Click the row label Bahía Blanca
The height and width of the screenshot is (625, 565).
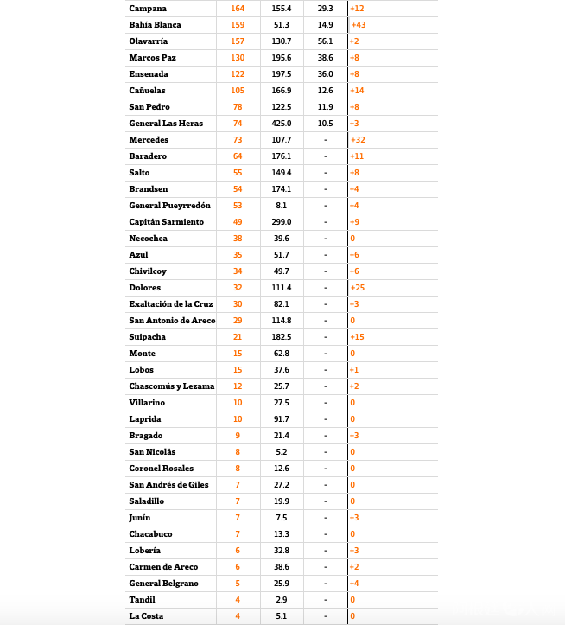pyautogui.click(x=155, y=25)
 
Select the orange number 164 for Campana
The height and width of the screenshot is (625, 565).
pyautogui.click(x=238, y=9)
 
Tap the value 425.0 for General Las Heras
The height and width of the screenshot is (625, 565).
pyautogui.click(x=282, y=124)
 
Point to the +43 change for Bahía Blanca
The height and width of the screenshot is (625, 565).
pyautogui.click(x=358, y=25)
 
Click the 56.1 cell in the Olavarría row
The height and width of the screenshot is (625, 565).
pyautogui.click(x=325, y=41)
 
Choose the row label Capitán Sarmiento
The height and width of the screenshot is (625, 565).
pyautogui.click(x=166, y=222)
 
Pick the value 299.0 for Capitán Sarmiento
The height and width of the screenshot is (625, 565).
pyautogui.click(x=282, y=222)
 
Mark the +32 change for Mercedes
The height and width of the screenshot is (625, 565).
pyautogui.click(x=358, y=140)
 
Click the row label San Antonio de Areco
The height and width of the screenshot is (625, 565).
pyautogui.click(x=172, y=321)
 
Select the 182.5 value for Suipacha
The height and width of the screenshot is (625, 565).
pyautogui.click(x=282, y=337)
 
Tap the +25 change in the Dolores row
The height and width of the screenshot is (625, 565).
pyautogui.click(x=358, y=288)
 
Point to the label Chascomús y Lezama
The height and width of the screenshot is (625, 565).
pyautogui.click(x=171, y=386)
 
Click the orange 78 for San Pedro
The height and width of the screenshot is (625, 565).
pyautogui.click(x=238, y=107)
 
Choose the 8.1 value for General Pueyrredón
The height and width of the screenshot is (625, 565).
pyautogui.click(x=282, y=206)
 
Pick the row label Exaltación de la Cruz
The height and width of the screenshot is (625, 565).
pyautogui.click(x=171, y=304)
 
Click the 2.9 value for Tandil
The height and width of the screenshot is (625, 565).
pyautogui.click(x=282, y=600)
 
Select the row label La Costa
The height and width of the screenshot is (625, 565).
pyautogui.click(x=146, y=616)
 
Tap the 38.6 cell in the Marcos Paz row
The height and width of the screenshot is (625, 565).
pyautogui.click(x=325, y=58)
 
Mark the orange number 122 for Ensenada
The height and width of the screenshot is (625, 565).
pyautogui.click(x=238, y=74)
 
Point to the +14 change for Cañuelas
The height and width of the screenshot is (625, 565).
pyautogui.click(x=358, y=91)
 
